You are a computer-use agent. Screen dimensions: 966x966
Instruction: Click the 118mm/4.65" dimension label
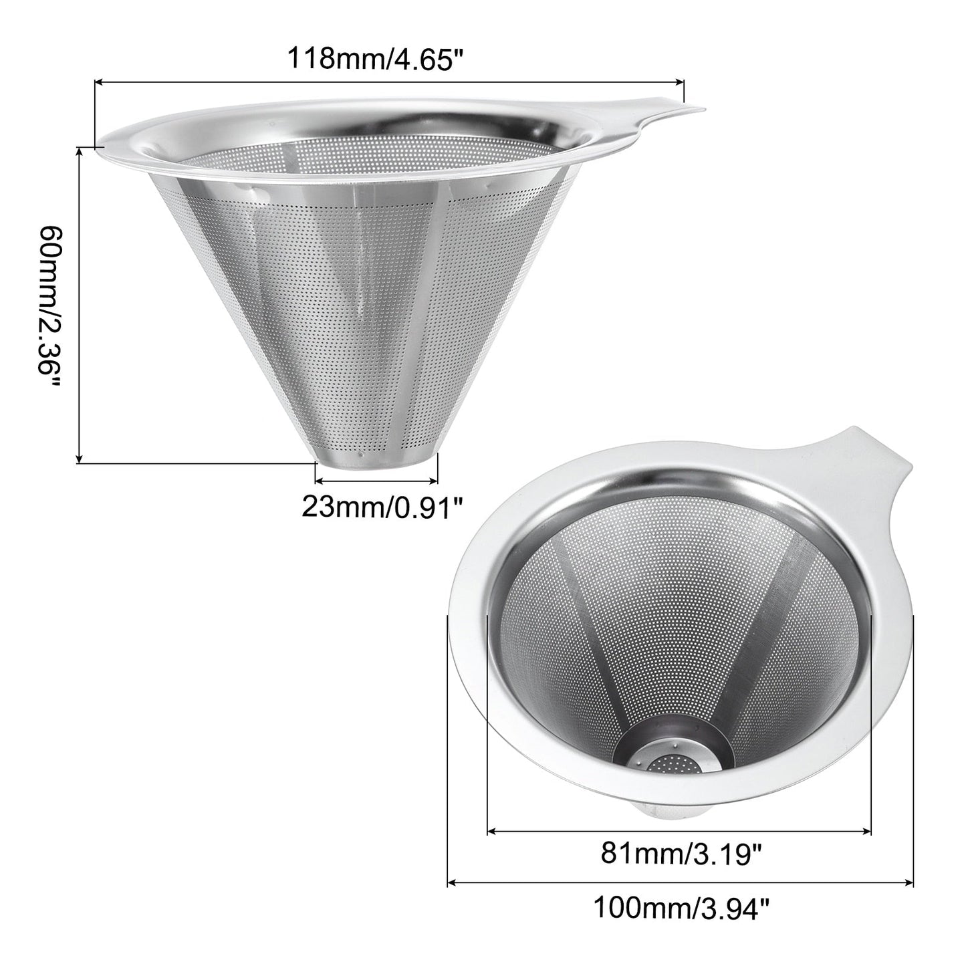coord(373,59)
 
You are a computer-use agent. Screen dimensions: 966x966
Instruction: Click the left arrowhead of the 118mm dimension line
coord(99,81)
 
